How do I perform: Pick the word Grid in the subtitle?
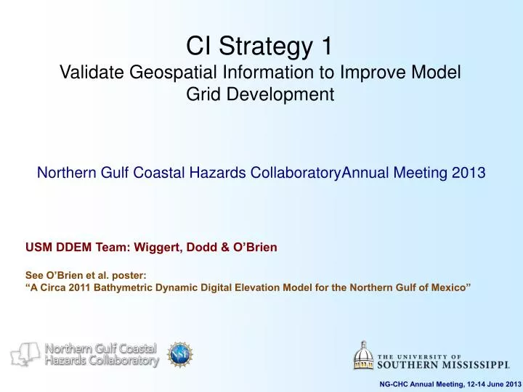[208, 94]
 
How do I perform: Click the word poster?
[104, 276]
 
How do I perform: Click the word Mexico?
[451, 288]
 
